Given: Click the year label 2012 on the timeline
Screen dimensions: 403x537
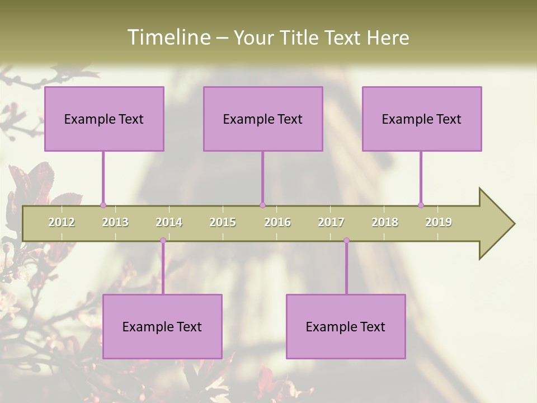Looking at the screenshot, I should coord(62,222).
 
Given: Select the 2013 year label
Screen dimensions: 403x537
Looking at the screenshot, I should coord(115,222).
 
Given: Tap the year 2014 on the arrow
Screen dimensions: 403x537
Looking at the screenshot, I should coord(169,222).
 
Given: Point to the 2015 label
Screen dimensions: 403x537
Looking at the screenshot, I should coord(223,222).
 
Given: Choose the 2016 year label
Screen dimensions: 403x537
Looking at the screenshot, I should coord(277,222).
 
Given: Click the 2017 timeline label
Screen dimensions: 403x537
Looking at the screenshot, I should coord(331,222).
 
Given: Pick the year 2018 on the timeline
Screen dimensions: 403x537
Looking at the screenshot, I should coord(385,222).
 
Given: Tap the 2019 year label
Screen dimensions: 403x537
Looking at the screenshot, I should coord(439,222).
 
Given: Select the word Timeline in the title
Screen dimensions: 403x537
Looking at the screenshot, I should coord(168,38).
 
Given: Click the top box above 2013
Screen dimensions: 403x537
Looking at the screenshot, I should coord(104,119).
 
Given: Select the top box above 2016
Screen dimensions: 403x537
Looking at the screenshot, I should coord(263,119).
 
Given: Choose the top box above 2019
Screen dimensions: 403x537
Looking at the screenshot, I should coord(422,119).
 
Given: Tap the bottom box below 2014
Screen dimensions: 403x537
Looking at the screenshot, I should coord(162,326).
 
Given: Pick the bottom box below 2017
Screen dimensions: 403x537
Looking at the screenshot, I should coord(346,326).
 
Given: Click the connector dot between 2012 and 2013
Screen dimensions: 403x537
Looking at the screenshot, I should coord(103,205).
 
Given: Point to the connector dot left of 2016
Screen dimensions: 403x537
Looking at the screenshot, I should coord(262,205).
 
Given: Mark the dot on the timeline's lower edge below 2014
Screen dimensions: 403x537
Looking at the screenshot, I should coord(163,241).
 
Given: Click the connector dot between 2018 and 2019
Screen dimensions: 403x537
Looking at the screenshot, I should coord(421,205).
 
